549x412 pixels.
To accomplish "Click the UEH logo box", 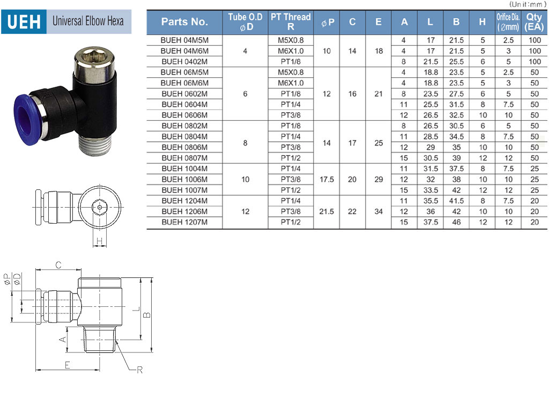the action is tap(24, 21).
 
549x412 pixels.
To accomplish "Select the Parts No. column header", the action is tap(184, 22).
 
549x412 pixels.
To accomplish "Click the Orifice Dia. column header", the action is tap(508, 21).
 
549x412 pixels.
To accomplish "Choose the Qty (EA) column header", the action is tap(534, 21).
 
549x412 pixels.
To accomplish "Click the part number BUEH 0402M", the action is tap(184, 62).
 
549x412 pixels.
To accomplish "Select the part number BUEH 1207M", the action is tap(184, 222).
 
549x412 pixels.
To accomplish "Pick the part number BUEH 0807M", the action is tap(184, 158).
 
